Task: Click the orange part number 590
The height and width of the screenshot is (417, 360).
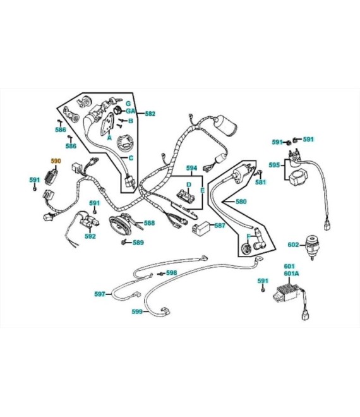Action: [56, 161]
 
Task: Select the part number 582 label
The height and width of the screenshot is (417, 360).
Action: [150, 114]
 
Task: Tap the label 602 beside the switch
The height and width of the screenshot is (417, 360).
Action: [293, 245]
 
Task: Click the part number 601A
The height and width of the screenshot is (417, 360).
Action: [291, 274]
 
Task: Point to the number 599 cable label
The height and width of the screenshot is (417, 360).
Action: [137, 311]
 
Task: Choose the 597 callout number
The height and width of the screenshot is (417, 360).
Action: [100, 294]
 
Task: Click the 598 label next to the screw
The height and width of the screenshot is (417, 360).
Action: [172, 272]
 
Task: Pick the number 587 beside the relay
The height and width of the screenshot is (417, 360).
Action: [220, 226]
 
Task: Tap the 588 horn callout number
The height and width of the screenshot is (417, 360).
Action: [149, 223]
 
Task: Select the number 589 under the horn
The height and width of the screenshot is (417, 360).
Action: [138, 243]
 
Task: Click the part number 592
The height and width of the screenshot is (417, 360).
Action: [90, 236]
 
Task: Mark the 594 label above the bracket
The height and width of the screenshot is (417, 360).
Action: [192, 168]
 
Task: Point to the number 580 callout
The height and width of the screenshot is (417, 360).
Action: [241, 202]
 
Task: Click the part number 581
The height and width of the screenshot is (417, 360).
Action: [261, 182]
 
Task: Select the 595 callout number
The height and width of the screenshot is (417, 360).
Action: [274, 165]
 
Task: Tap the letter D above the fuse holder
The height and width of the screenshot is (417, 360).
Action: [189, 184]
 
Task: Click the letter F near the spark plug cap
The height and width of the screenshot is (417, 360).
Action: [249, 236]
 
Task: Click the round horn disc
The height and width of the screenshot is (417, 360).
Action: [120, 226]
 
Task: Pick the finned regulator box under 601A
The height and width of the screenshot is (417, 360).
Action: [288, 293]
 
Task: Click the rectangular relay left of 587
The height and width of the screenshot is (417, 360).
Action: [201, 227]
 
